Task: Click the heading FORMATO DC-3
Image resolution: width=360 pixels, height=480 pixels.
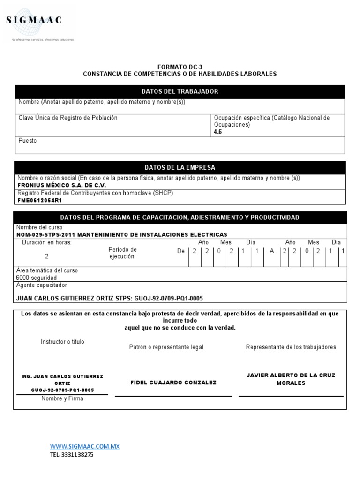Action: point(180,67)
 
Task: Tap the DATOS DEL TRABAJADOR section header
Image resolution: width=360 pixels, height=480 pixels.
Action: point(180,91)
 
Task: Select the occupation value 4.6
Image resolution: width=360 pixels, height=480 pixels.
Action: point(218,132)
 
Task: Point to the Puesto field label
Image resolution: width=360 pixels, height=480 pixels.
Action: point(27,141)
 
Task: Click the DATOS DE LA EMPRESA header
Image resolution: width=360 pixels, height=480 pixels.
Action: point(180,167)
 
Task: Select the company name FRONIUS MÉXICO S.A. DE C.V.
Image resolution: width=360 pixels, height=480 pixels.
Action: point(61,185)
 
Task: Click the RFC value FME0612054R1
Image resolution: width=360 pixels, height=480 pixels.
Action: point(39,200)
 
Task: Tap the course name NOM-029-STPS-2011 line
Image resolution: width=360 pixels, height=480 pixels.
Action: point(122,234)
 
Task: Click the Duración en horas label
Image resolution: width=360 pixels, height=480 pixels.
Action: point(47,242)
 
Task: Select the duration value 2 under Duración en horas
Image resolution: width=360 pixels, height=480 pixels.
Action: point(46,256)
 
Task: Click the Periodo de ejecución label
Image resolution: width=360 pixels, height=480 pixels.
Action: point(122,253)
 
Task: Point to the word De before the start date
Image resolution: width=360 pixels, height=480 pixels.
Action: point(181,251)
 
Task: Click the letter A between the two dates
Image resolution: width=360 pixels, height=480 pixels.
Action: point(271,251)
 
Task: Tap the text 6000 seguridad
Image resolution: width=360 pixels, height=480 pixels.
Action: point(36,277)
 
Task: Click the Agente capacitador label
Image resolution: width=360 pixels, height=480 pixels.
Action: point(42,285)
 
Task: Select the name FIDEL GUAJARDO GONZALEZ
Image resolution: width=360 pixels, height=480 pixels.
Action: point(173,383)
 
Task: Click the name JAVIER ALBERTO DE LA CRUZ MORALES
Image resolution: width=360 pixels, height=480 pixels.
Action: point(291,379)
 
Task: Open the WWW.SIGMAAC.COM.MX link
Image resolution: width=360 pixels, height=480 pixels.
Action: point(85,447)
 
